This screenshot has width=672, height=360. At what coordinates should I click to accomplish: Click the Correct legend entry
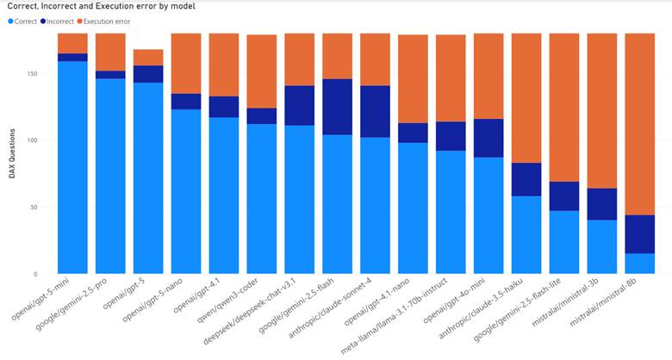(27, 20)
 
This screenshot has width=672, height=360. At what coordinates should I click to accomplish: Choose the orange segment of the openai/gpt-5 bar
(147, 57)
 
